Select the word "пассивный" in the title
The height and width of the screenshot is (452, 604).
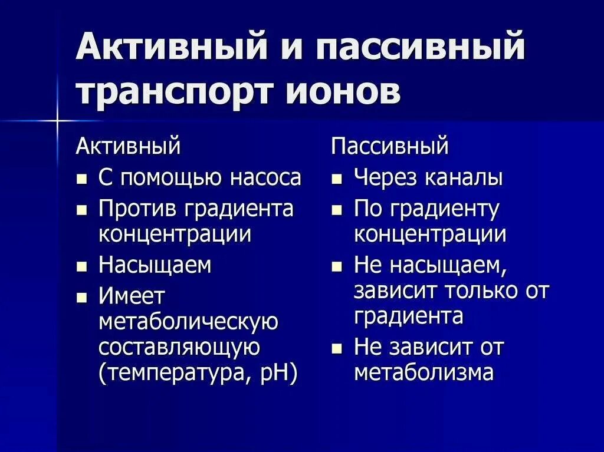pos(421,47)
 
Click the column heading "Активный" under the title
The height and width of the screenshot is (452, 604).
pos(128,146)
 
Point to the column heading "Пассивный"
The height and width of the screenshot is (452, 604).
pos(390,146)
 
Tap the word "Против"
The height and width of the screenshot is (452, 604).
pos(137,209)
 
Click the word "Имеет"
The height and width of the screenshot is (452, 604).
pos(132,296)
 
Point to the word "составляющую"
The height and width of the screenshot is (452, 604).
pos(179,347)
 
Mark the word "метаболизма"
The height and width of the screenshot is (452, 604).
pos(424,373)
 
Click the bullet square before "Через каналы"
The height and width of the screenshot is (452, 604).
pos(337,179)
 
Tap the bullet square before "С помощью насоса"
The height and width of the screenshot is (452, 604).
pos(82,179)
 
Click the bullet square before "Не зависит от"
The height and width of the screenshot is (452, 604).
pos(337,348)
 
